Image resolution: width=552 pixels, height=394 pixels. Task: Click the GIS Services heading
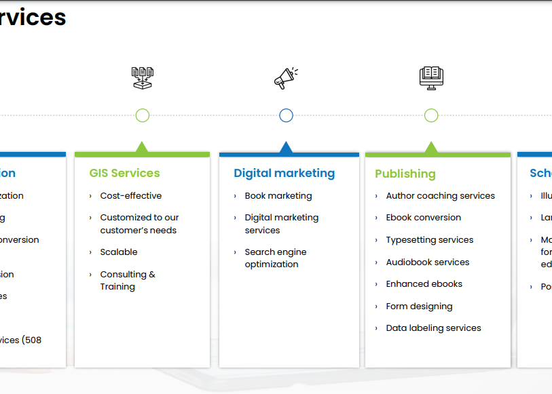coord(124,173)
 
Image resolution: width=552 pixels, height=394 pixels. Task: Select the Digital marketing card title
coord(284,173)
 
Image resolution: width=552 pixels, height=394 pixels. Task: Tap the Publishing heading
coord(405,174)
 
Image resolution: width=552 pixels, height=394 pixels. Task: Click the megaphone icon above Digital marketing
coord(286,78)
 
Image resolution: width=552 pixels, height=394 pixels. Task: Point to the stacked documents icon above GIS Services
coord(143,77)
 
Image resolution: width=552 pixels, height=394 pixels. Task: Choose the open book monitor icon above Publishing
coord(431,77)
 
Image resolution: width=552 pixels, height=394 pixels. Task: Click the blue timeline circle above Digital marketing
coord(286,115)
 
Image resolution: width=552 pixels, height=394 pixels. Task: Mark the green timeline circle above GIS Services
coord(143,115)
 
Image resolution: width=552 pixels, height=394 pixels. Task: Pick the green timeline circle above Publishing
coord(431,115)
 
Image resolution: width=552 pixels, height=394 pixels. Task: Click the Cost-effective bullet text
coord(131,196)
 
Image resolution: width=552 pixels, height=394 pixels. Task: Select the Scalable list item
coord(119,252)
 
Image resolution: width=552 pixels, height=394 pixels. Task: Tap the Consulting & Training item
coord(128,280)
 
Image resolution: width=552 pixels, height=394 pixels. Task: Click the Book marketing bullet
coord(278,196)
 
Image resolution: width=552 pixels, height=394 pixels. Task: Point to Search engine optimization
coord(276,258)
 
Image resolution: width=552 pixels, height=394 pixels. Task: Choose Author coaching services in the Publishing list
coord(440,196)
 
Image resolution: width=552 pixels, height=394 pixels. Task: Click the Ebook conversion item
coord(423,218)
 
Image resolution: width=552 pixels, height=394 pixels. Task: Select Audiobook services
coord(427,262)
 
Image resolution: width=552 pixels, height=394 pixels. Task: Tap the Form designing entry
coord(419,307)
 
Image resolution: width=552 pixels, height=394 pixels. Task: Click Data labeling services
coord(433,328)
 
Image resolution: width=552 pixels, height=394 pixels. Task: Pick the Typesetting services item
coord(429,240)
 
